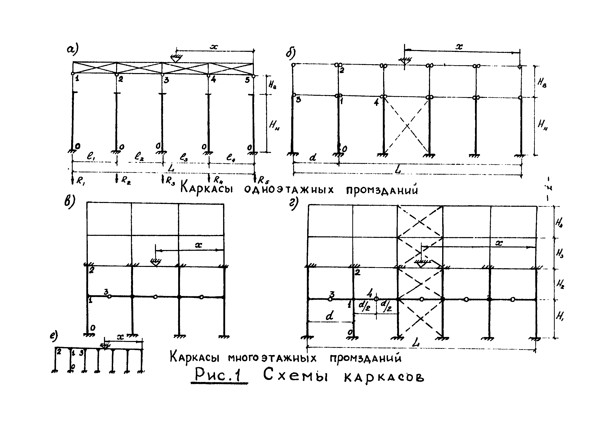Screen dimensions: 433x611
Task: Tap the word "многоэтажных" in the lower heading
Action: coord(272,358)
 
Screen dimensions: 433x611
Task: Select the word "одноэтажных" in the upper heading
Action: coord(289,190)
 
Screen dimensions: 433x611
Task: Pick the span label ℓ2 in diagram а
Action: coord(139,156)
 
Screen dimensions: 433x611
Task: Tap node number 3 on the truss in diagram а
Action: coord(166,80)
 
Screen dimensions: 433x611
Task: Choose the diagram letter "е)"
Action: coord(54,336)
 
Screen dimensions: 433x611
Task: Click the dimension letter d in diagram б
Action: coord(313,157)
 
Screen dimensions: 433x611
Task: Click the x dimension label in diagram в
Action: coord(198,245)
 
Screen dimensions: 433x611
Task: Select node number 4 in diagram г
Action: coord(369,293)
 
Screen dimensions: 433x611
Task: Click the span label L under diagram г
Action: coord(415,343)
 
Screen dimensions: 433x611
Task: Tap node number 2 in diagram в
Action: coord(91,270)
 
